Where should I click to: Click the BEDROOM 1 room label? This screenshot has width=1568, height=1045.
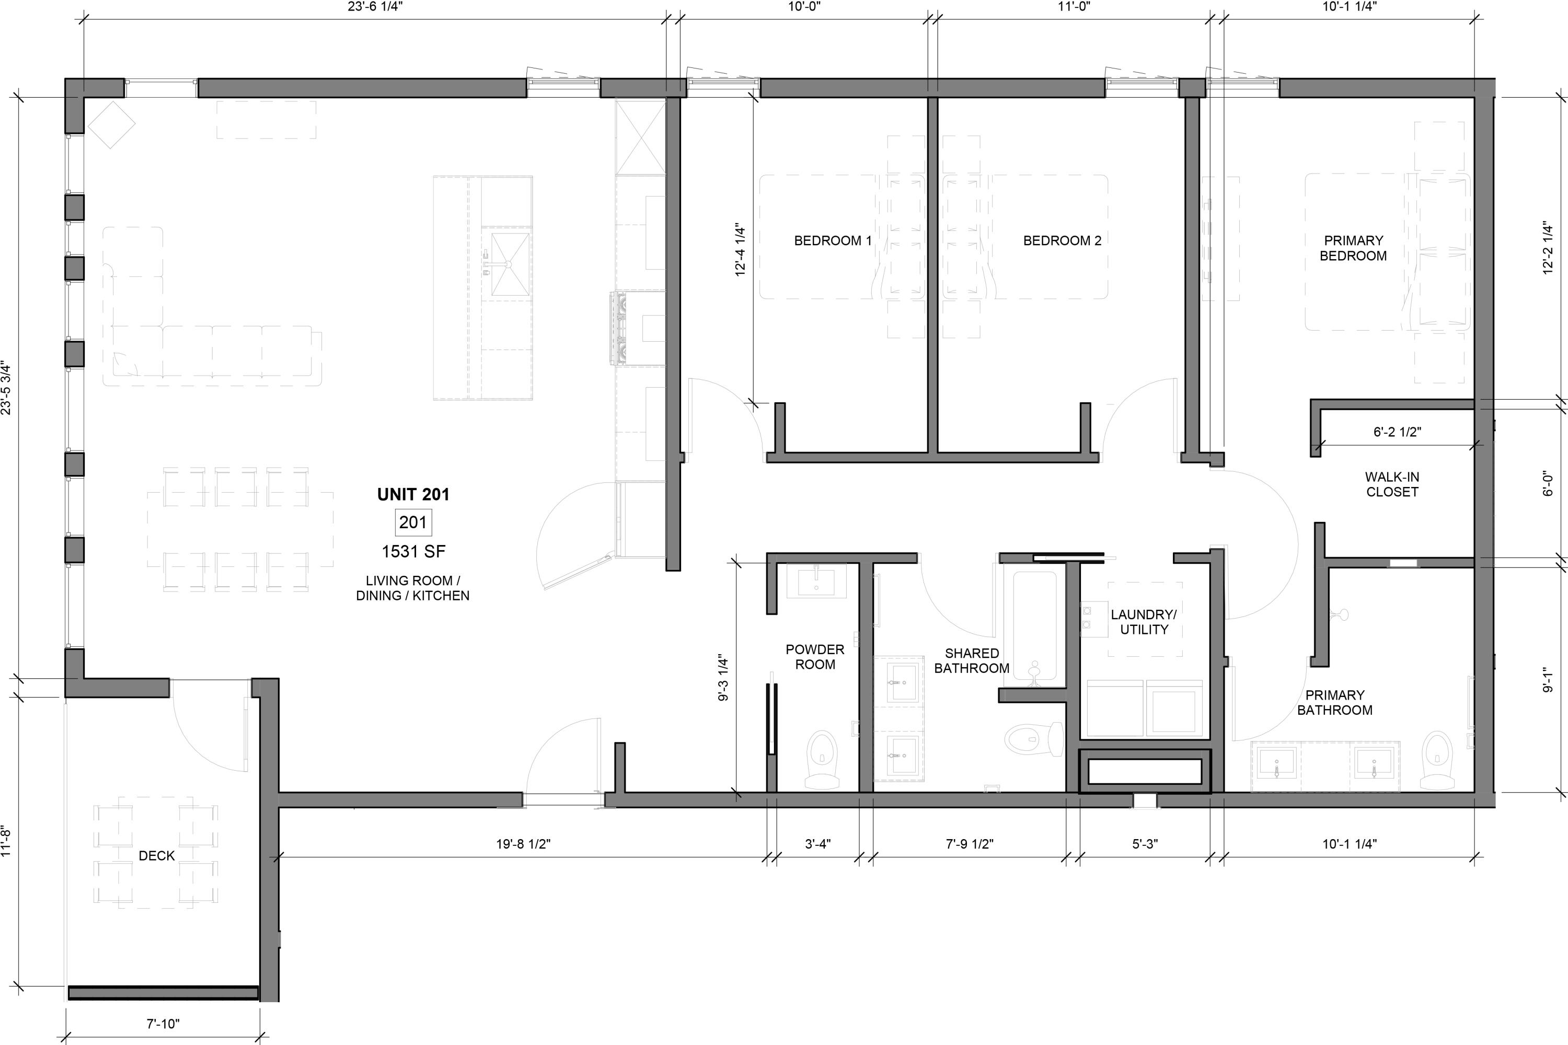point(833,240)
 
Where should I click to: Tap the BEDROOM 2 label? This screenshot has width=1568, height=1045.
point(1062,240)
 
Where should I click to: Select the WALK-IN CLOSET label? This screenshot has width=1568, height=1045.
point(1392,484)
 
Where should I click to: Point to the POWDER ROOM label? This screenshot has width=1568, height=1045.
point(815,656)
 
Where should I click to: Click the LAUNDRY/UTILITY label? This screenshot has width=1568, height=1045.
point(1144,622)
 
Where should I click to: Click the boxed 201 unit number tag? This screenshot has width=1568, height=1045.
point(413,522)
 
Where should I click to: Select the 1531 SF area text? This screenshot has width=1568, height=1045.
point(413,552)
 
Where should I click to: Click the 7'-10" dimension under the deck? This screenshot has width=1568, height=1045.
point(163,1024)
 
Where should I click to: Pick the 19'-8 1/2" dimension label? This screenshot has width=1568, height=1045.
point(523,844)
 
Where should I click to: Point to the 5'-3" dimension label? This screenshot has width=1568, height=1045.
point(1145,844)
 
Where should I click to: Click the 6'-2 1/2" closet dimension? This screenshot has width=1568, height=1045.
point(1397,432)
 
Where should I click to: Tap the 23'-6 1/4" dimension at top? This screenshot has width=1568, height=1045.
point(375,7)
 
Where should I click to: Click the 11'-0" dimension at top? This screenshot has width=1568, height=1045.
point(1074,7)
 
